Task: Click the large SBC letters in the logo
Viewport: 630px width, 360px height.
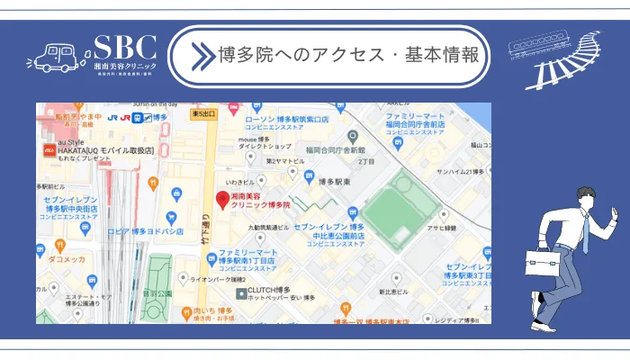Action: pos(125,48)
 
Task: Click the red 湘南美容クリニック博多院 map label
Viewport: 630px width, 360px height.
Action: pos(260,200)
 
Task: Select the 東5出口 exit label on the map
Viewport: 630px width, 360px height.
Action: pos(204,114)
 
